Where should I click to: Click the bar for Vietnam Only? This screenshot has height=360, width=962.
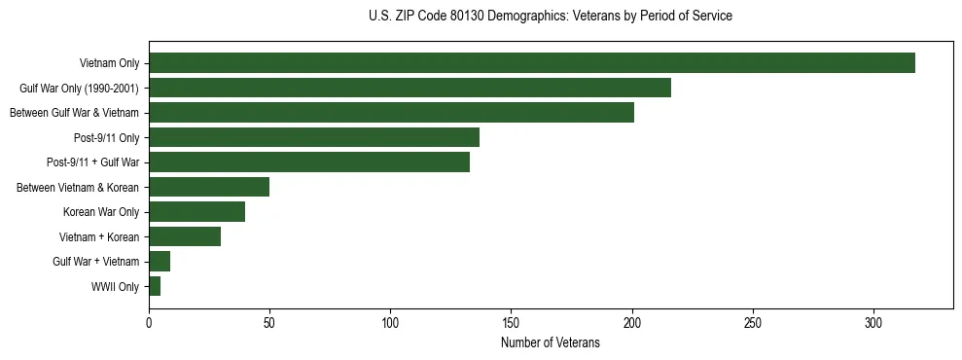(531, 63)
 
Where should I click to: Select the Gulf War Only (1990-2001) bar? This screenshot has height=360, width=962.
(410, 89)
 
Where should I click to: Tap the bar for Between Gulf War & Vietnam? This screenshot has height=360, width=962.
(391, 113)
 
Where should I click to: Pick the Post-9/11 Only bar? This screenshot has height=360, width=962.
(313, 137)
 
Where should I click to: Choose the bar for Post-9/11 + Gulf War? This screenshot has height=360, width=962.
(308, 162)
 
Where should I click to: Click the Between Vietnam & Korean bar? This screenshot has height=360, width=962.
(208, 187)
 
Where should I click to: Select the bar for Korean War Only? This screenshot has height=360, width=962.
(196, 212)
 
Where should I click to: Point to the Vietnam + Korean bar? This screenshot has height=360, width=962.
(184, 236)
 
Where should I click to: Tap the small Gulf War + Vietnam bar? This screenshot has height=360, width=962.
(160, 261)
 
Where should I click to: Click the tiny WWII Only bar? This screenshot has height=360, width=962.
(155, 286)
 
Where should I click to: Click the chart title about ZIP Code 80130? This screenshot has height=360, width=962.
(551, 17)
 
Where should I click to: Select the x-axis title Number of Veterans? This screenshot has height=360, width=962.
(551, 343)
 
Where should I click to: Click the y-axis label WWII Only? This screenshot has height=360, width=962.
(115, 287)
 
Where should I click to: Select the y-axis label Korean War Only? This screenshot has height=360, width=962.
(101, 212)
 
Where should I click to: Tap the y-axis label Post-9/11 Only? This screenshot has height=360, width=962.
(107, 138)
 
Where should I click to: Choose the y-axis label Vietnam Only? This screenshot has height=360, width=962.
(109, 64)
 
